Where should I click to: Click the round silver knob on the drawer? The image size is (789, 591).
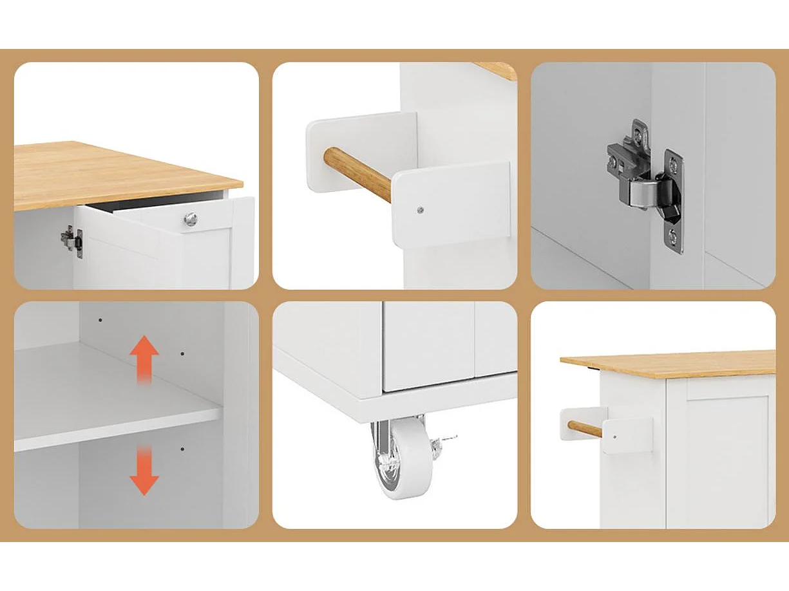click(190, 220)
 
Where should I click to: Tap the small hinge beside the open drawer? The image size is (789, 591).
click(71, 241)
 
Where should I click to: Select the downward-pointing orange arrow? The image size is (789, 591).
click(144, 474)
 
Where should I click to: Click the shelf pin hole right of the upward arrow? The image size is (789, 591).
click(182, 353)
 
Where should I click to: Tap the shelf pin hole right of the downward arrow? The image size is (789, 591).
click(182, 449)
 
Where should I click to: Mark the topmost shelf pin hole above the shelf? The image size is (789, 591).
click(100, 319)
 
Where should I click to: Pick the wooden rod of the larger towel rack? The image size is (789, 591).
click(357, 173)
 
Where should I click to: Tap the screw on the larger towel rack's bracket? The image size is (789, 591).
click(420, 209)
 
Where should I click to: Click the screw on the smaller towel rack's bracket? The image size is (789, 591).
click(614, 436)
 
